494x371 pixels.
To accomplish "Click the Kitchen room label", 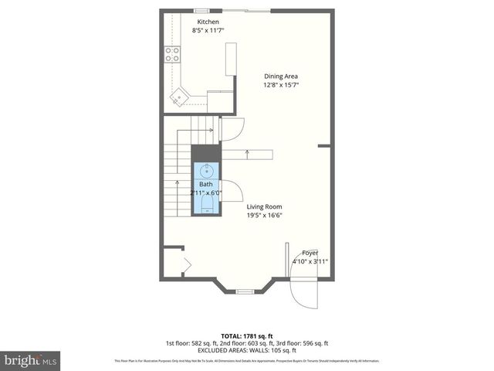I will [208, 22].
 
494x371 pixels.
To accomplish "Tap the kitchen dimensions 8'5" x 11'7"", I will [208, 31].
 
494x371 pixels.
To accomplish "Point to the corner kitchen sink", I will [180, 98].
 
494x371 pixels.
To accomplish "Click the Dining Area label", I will [281, 76].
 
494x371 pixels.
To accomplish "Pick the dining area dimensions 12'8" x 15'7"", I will [281, 85].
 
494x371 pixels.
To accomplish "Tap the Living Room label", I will [264, 206].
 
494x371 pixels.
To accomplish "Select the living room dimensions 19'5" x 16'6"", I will [264, 216].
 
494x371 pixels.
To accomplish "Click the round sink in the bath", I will [206, 171].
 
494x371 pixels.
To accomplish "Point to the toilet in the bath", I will [206, 204].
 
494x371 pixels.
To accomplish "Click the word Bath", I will [206, 184].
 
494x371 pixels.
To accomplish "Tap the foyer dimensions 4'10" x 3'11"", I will [310, 262].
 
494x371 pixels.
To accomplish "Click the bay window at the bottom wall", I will [245, 291].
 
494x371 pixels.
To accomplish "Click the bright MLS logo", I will [31, 359].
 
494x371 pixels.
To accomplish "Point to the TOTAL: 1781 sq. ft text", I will [247, 335].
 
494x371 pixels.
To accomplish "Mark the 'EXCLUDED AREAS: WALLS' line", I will [247, 351].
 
